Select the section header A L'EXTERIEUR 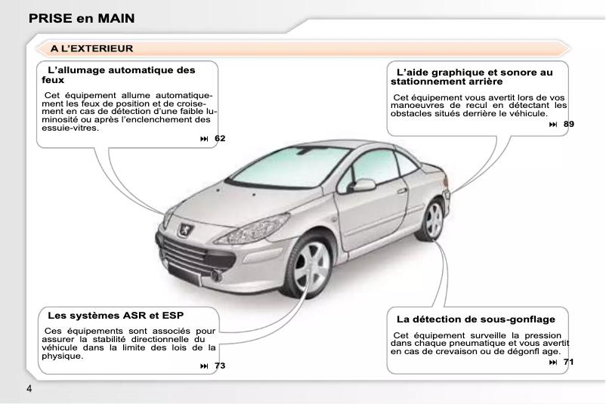[x=92, y=48]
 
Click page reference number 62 [x=219, y=138]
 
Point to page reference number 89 [x=568, y=123]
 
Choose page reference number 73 [x=219, y=365]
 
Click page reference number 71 [x=568, y=362]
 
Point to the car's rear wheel [x=433, y=219]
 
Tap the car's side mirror [x=363, y=185]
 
